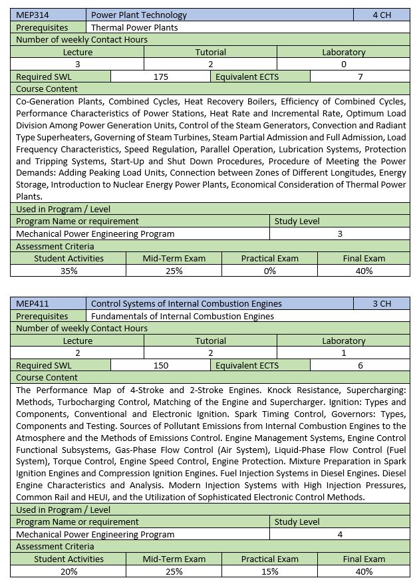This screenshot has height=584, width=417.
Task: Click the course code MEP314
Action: pos(31,15)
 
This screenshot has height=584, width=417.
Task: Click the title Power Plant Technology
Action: pos(139,15)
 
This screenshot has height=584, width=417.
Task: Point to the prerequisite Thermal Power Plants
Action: pos(134,27)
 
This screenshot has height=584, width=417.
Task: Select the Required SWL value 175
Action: pos(160,76)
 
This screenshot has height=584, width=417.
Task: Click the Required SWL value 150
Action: pos(160,365)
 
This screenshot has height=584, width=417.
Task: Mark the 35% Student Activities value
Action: pos(69,271)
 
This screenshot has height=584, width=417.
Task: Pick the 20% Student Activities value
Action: pos(69,571)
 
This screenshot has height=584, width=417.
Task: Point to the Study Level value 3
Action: pos(340,233)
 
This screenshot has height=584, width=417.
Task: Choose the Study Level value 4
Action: pos(340,534)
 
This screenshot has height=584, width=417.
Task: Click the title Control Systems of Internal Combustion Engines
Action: pos(186,303)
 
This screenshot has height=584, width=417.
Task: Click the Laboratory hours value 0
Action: pos(343,65)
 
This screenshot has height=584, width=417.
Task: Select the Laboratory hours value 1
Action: pos(343,353)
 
